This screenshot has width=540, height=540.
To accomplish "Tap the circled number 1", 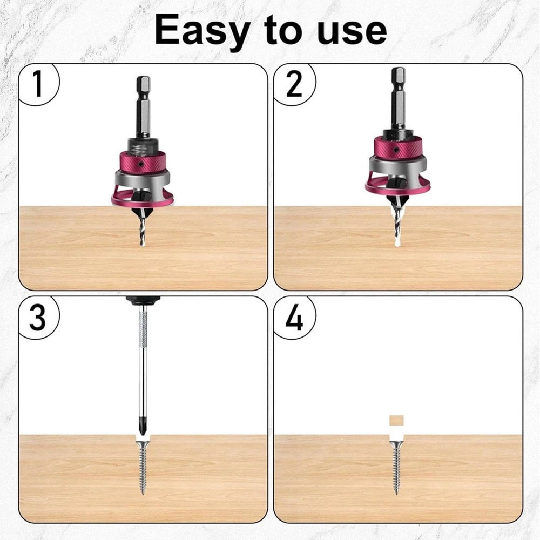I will (37, 84).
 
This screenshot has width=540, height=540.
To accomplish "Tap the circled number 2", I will (294, 84).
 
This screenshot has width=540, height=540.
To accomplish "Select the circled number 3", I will (37, 318).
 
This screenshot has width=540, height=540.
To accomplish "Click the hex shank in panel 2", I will (398, 98).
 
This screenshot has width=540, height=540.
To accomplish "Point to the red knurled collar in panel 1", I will (143, 161).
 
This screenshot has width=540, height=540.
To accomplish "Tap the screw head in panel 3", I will (143, 444).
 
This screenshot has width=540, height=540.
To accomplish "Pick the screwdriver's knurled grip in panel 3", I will (143, 329).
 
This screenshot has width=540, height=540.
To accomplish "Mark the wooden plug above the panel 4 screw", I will (397, 421).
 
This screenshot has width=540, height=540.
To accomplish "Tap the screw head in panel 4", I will (397, 444).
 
